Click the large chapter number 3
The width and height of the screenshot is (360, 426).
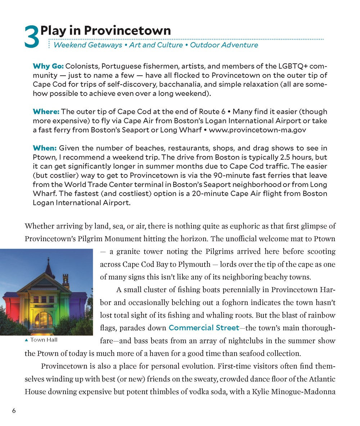pyautogui.click(x=32, y=37)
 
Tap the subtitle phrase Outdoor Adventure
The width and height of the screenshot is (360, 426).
pyautogui.click(x=224, y=45)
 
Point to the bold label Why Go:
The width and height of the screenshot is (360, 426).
pyautogui.click(x=48, y=66)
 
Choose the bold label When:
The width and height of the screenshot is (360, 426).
pyautogui.click(x=45, y=148)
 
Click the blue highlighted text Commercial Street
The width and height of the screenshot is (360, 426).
pyautogui.click(x=204, y=328)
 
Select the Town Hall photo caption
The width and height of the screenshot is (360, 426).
pyautogui.click(x=44, y=340)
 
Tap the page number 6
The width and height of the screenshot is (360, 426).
pyautogui.click(x=14, y=411)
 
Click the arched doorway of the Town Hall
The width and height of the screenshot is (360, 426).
pyautogui.click(x=44, y=320)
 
